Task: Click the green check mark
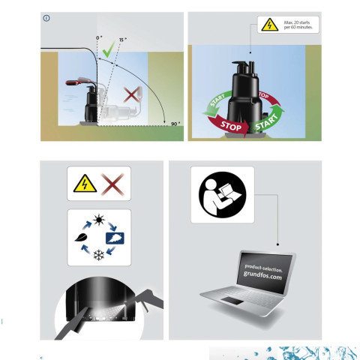(108, 50)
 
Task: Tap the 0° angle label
(99, 38)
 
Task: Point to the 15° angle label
(123, 40)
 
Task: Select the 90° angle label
(175, 124)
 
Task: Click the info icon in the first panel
(46, 18)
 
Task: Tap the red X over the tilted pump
(131, 95)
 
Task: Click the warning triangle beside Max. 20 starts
(270, 25)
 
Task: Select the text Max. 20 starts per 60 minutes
(298, 25)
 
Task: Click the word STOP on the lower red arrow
(231, 126)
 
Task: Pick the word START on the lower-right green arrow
(266, 122)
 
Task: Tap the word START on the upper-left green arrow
(217, 100)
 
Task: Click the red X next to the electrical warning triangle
(112, 184)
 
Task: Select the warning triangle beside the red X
(85, 184)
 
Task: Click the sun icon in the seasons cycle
(99, 220)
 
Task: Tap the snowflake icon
(99, 255)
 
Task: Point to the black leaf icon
(81, 237)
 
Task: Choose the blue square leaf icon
(115, 238)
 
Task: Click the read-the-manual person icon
(223, 195)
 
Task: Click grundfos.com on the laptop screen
(262, 276)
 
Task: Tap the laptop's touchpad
(232, 301)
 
